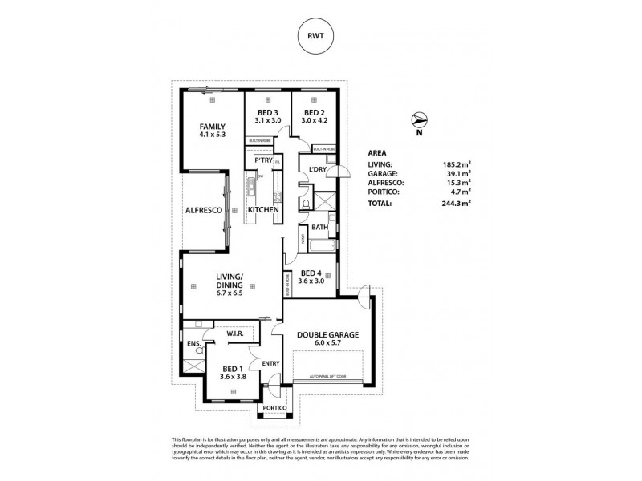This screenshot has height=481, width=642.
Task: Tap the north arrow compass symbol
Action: coord(418,120)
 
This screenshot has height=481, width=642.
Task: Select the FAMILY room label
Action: coord(212,127)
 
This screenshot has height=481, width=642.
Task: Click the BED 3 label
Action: coord(267,112)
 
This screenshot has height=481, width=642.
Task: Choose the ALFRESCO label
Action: coord(204,210)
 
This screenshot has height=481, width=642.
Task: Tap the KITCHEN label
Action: coord(263,210)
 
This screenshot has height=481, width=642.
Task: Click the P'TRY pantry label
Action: coord(263,160)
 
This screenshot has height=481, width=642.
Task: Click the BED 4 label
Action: coord(310,273)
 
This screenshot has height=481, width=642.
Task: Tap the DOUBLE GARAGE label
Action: coord(327,335)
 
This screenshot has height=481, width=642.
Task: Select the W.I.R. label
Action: coord(235,334)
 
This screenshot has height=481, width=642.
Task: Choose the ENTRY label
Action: coord(270,363)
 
